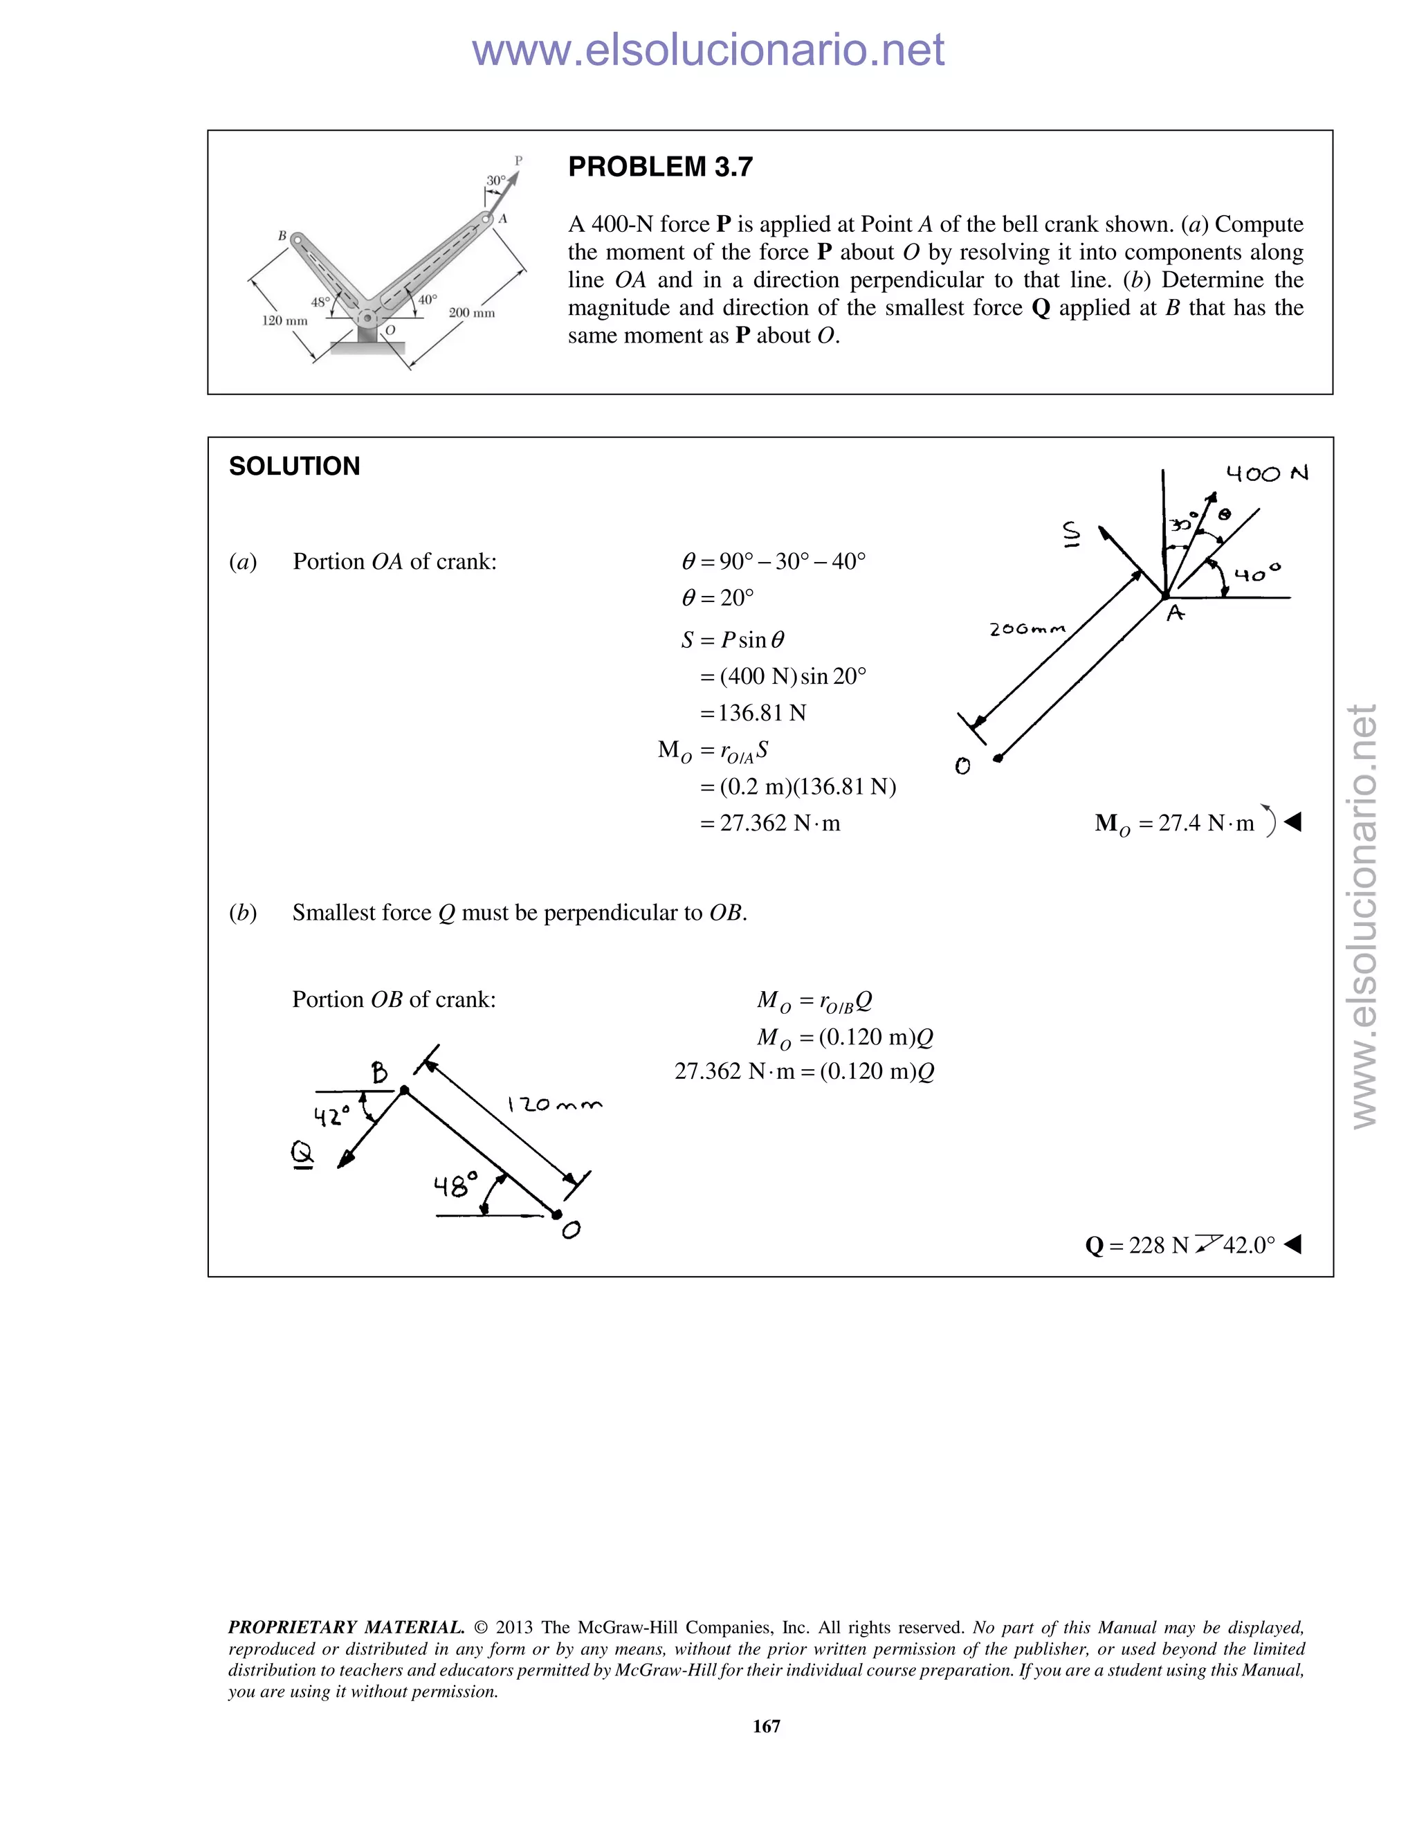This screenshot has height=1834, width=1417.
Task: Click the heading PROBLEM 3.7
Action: (660, 167)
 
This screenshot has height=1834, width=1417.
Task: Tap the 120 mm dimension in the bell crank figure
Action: (284, 321)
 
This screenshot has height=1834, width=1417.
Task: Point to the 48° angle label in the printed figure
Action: (320, 302)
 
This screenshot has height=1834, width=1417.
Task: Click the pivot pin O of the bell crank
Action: (367, 318)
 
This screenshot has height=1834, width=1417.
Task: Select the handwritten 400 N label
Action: (1267, 473)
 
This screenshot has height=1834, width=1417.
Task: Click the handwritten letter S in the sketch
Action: (1071, 532)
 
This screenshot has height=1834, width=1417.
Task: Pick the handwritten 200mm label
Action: (1027, 629)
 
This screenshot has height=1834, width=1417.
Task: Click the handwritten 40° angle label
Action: (1256, 574)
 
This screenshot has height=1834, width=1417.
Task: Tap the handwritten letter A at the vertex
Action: (1176, 614)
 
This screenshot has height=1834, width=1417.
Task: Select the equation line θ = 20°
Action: (717, 598)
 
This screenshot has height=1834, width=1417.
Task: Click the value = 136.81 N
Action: (753, 713)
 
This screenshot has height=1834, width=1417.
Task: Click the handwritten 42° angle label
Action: (331, 1116)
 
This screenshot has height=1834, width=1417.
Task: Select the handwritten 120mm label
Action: (555, 1105)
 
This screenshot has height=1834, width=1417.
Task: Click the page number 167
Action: (767, 1725)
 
